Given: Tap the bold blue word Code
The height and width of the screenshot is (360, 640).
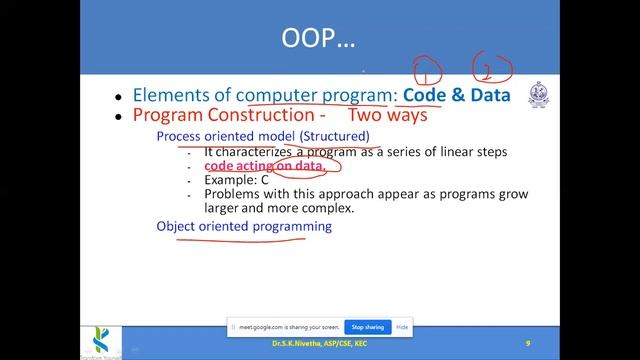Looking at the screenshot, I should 431,95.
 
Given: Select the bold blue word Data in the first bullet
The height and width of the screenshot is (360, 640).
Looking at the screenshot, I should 491,95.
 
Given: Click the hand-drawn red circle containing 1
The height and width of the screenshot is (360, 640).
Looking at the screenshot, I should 427,71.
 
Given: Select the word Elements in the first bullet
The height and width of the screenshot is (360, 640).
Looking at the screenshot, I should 180,96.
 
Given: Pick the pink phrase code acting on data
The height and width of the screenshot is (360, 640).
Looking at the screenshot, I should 265,166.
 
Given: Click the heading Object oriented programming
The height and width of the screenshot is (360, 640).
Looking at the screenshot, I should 243,227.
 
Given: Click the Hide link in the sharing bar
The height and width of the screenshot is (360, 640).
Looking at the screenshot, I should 402,327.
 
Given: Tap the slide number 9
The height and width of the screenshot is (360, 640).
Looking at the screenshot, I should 527,343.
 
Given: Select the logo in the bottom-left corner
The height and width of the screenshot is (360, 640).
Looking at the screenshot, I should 17,338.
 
